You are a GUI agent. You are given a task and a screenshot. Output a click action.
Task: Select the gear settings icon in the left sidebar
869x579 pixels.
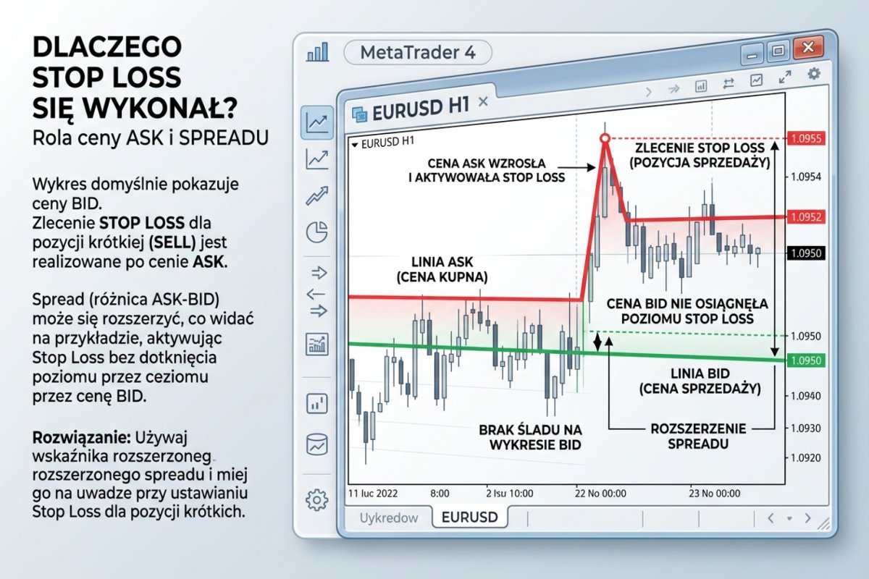tap(316, 499)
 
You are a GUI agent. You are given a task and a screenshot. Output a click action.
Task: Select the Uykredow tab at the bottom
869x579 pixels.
tap(389, 517)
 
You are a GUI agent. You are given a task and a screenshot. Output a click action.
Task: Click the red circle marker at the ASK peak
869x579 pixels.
tap(605, 138)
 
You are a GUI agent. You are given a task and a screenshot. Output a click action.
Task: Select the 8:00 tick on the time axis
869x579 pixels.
tap(439, 494)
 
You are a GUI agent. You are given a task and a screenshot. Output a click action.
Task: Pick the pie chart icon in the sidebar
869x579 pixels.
tap(316, 233)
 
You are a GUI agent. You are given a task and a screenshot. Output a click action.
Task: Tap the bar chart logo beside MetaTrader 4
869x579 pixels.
tap(318, 52)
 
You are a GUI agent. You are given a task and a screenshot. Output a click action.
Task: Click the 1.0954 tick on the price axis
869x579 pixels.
tap(806, 177)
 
